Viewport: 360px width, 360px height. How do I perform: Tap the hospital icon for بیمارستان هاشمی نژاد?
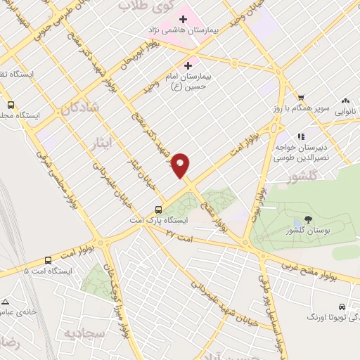(183, 18)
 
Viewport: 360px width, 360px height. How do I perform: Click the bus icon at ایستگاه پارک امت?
(159, 210)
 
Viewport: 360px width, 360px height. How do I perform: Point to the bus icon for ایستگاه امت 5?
(48, 259)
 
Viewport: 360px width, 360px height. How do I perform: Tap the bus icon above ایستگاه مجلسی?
(10, 103)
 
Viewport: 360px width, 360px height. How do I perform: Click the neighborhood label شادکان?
(77, 110)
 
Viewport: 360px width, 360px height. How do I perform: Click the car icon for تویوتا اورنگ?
(342, 307)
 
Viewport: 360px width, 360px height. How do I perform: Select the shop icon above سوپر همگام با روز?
(301, 98)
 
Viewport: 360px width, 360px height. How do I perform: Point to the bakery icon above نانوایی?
(345, 100)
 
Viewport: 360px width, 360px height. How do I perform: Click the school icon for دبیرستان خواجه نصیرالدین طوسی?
(302, 137)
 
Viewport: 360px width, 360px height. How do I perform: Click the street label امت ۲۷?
(180, 237)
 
